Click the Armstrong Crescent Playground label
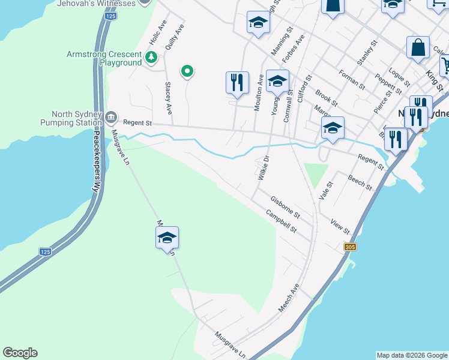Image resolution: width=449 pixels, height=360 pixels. coord(104,59)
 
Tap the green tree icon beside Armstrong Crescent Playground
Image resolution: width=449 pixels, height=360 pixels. coord(151,58)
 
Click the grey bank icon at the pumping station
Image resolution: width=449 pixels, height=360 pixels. coord(111,116)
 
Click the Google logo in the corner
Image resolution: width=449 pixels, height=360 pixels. coord(20,353)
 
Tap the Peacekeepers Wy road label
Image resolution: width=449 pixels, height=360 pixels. coord(95,161)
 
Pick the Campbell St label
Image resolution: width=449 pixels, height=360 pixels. coord(282,221)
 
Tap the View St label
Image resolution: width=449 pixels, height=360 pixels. coord(340,226)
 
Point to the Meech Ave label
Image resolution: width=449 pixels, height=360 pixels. coord(288,298)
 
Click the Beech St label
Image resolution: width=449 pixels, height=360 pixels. coord(360,183)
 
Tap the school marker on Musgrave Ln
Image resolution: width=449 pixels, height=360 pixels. coord(167,238)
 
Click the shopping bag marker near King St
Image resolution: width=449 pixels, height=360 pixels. coord(418,47)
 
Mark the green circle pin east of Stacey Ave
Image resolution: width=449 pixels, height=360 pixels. coord(187,72)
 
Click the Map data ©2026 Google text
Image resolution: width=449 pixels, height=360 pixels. coord(412,355)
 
